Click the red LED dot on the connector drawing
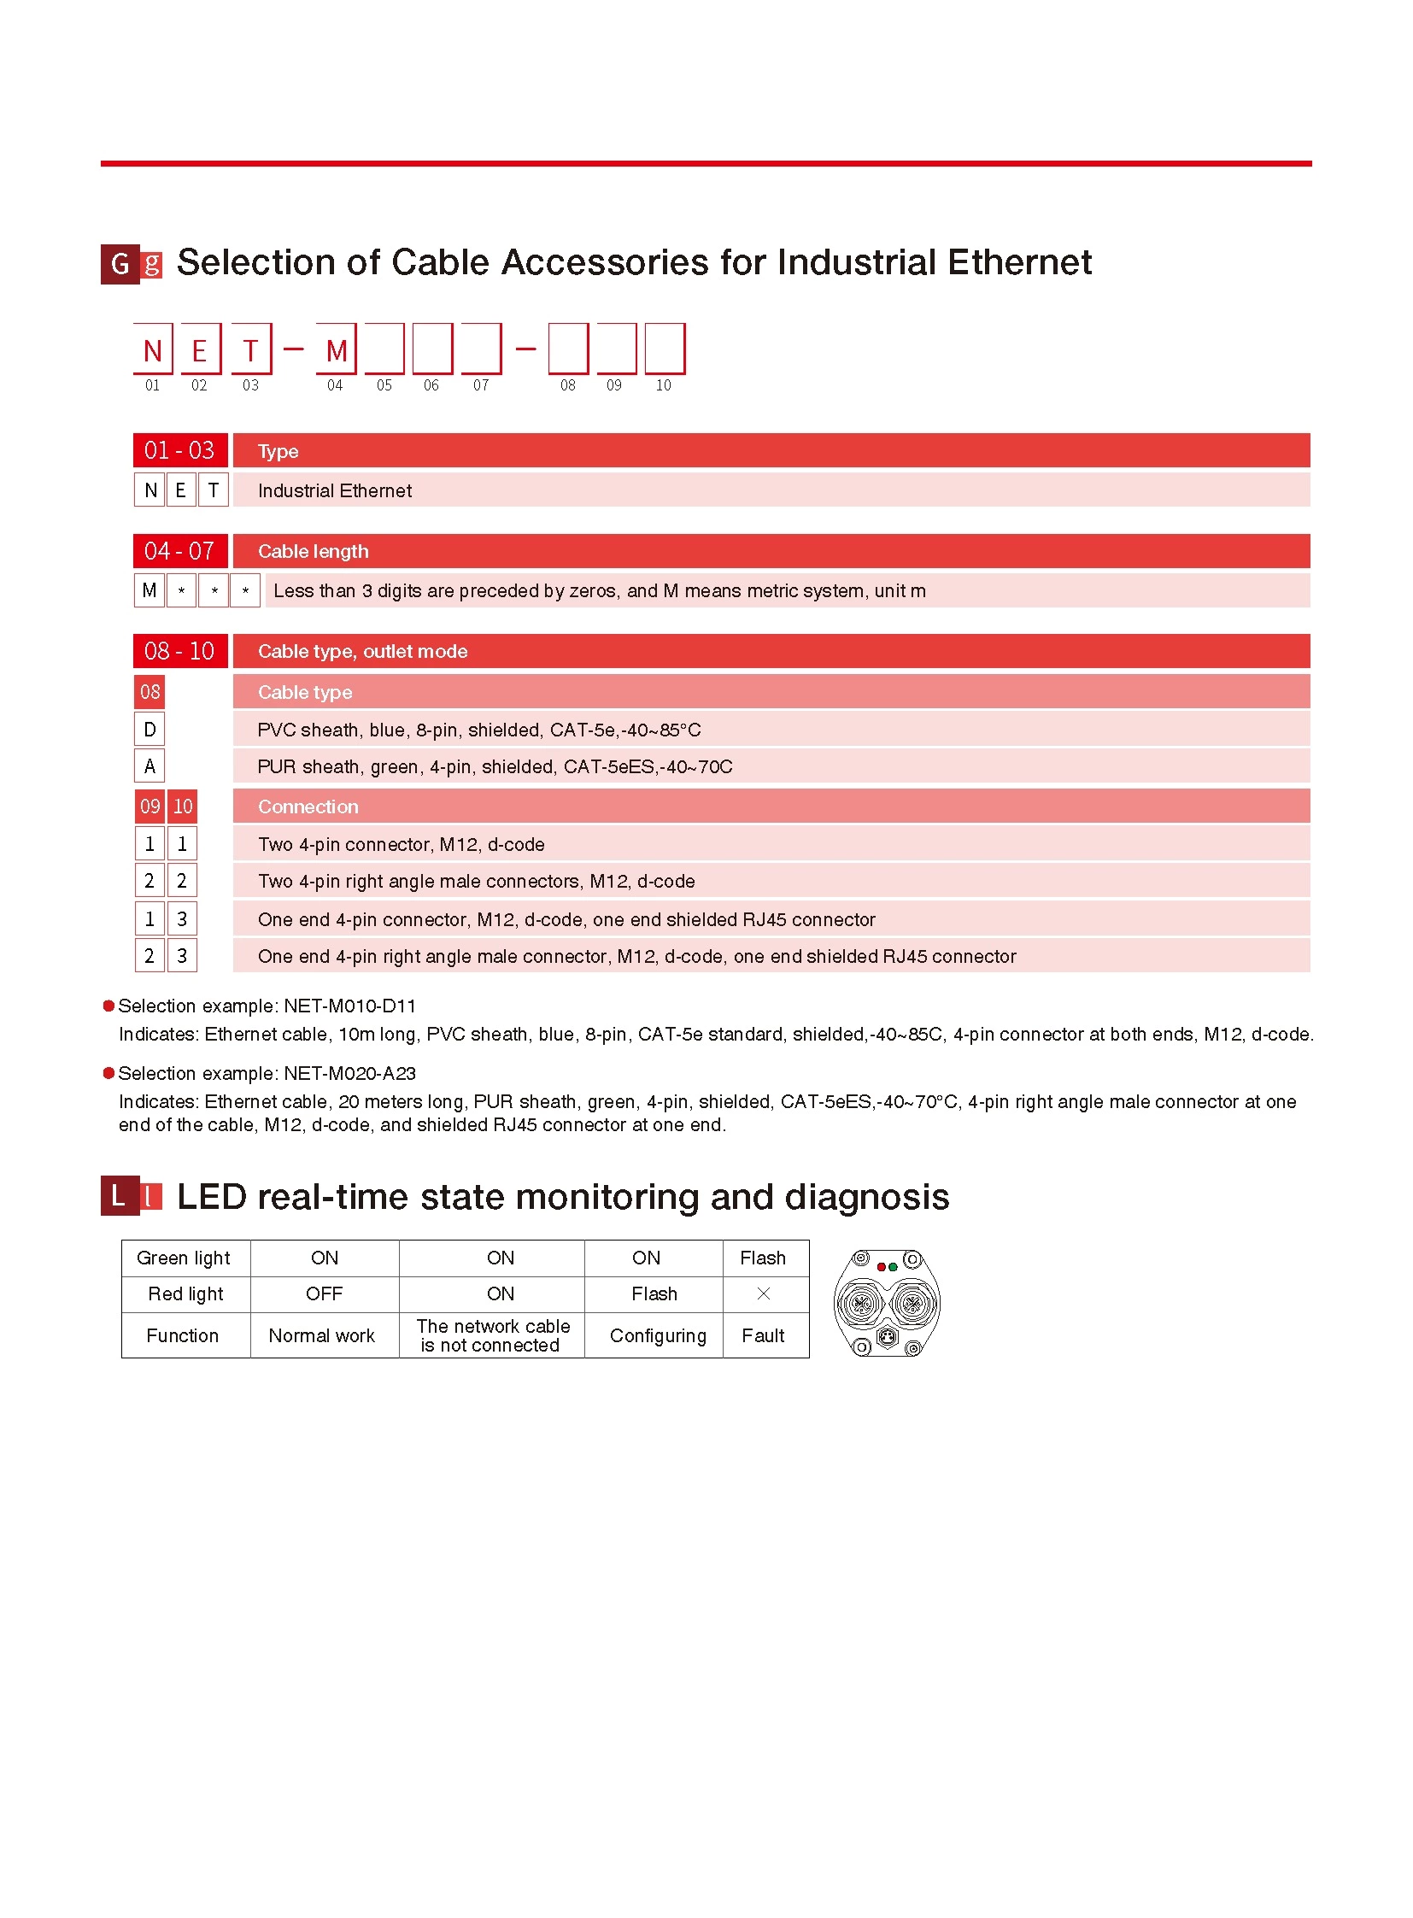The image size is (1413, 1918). pyautogui.click(x=881, y=1267)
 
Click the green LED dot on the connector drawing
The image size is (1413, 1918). pyautogui.click(x=893, y=1267)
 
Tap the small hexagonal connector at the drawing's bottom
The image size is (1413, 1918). pyautogui.click(x=888, y=1336)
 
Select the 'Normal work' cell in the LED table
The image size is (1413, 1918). pyautogui.click(x=321, y=1335)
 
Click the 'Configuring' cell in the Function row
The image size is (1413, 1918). pyautogui.click(x=658, y=1335)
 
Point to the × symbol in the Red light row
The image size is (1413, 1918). pyautogui.click(x=764, y=1293)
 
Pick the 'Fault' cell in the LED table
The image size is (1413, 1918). pyautogui.click(x=763, y=1335)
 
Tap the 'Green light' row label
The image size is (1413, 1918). pyautogui.click(x=184, y=1258)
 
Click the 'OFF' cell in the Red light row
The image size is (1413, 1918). pyautogui.click(x=324, y=1293)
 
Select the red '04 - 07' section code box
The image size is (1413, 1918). pyautogui.click(x=179, y=551)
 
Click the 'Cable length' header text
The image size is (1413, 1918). pyautogui.click(x=313, y=552)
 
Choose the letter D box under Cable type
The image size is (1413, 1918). pyautogui.click(x=150, y=730)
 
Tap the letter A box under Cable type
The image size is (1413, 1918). pyautogui.click(x=150, y=766)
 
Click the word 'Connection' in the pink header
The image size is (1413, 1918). pyautogui.click(x=308, y=806)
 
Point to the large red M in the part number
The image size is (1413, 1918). pyautogui.click(x=336, y=351)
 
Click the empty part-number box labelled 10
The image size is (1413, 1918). pyautogui.click(x=665, y=349)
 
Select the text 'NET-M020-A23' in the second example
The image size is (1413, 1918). pyautogui.click(x=349, y=1074)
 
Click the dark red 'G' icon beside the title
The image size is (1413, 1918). pyautogui.click(x=120, y=264)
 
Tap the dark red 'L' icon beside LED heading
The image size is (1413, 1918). pyautogui.click(x=120, y=1196)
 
